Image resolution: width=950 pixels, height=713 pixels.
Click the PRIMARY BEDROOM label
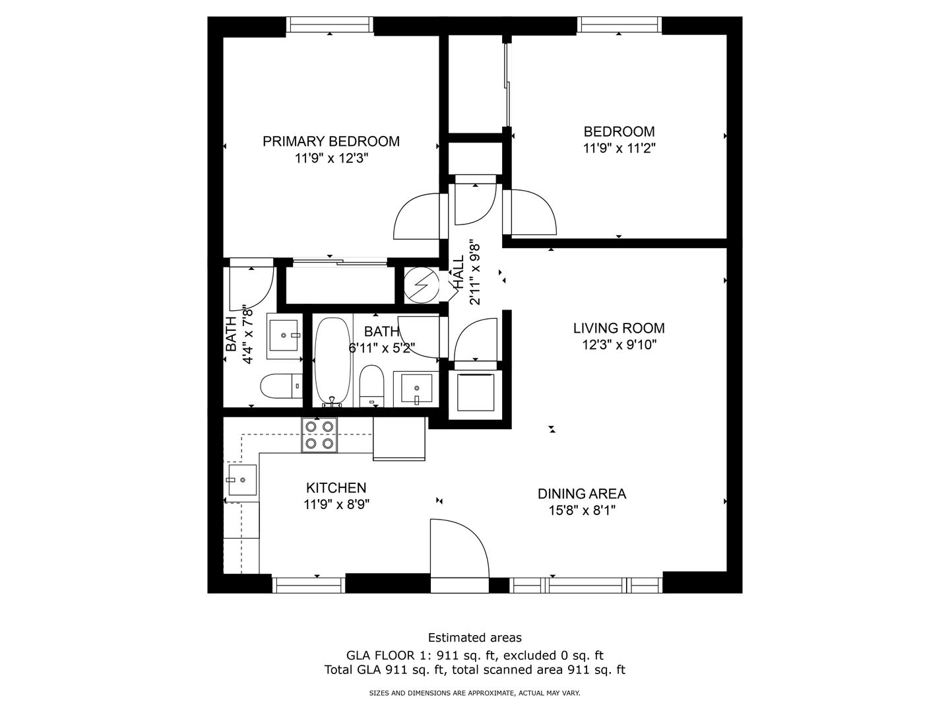click(331, 141)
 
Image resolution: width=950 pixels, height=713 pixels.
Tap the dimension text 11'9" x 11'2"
click(619, 149)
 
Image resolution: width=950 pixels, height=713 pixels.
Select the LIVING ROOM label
click(619, 328)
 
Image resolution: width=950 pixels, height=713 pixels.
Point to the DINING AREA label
click(582, 494)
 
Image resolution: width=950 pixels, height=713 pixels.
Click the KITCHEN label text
click(336, 488)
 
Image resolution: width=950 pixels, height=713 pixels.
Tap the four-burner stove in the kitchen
click(319, 434)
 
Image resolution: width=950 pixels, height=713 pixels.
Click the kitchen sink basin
click(242, 480)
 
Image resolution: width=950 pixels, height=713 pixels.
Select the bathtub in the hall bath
click(332, 362)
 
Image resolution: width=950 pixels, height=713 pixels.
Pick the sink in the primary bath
click(284, 336)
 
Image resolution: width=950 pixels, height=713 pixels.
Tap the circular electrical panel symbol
click(422, 285)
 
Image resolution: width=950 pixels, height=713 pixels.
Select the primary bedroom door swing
click(416, 216)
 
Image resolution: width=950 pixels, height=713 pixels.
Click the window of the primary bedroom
click(330, 24)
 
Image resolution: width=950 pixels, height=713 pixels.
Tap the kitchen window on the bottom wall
click(309, 584)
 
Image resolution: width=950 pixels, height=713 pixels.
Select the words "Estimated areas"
click(475, 638)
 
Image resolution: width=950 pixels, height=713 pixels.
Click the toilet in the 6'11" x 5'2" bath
click(372, 386)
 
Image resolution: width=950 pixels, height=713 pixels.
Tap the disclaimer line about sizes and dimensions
click(474, 693)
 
